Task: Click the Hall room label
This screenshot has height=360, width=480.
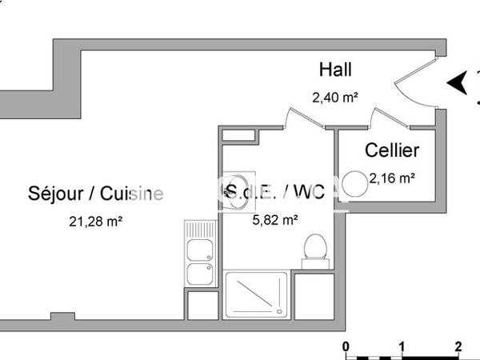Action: [x=335, y=70]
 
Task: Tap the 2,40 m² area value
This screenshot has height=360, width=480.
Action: [x=334, y=98]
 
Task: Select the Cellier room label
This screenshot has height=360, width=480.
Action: [x=392, y=150]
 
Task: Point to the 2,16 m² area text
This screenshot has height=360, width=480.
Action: [x=391, y=178]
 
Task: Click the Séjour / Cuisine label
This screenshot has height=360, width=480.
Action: [x=95, y=193]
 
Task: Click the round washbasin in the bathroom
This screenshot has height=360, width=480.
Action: [x=238, y=192]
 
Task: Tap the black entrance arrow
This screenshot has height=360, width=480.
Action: [x=457, y=82]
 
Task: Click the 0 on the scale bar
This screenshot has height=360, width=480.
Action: [x=346, y=346]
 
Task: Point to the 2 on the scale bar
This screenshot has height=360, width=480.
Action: [x=458, y=346]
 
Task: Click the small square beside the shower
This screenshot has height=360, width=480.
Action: [x=307, y=297]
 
